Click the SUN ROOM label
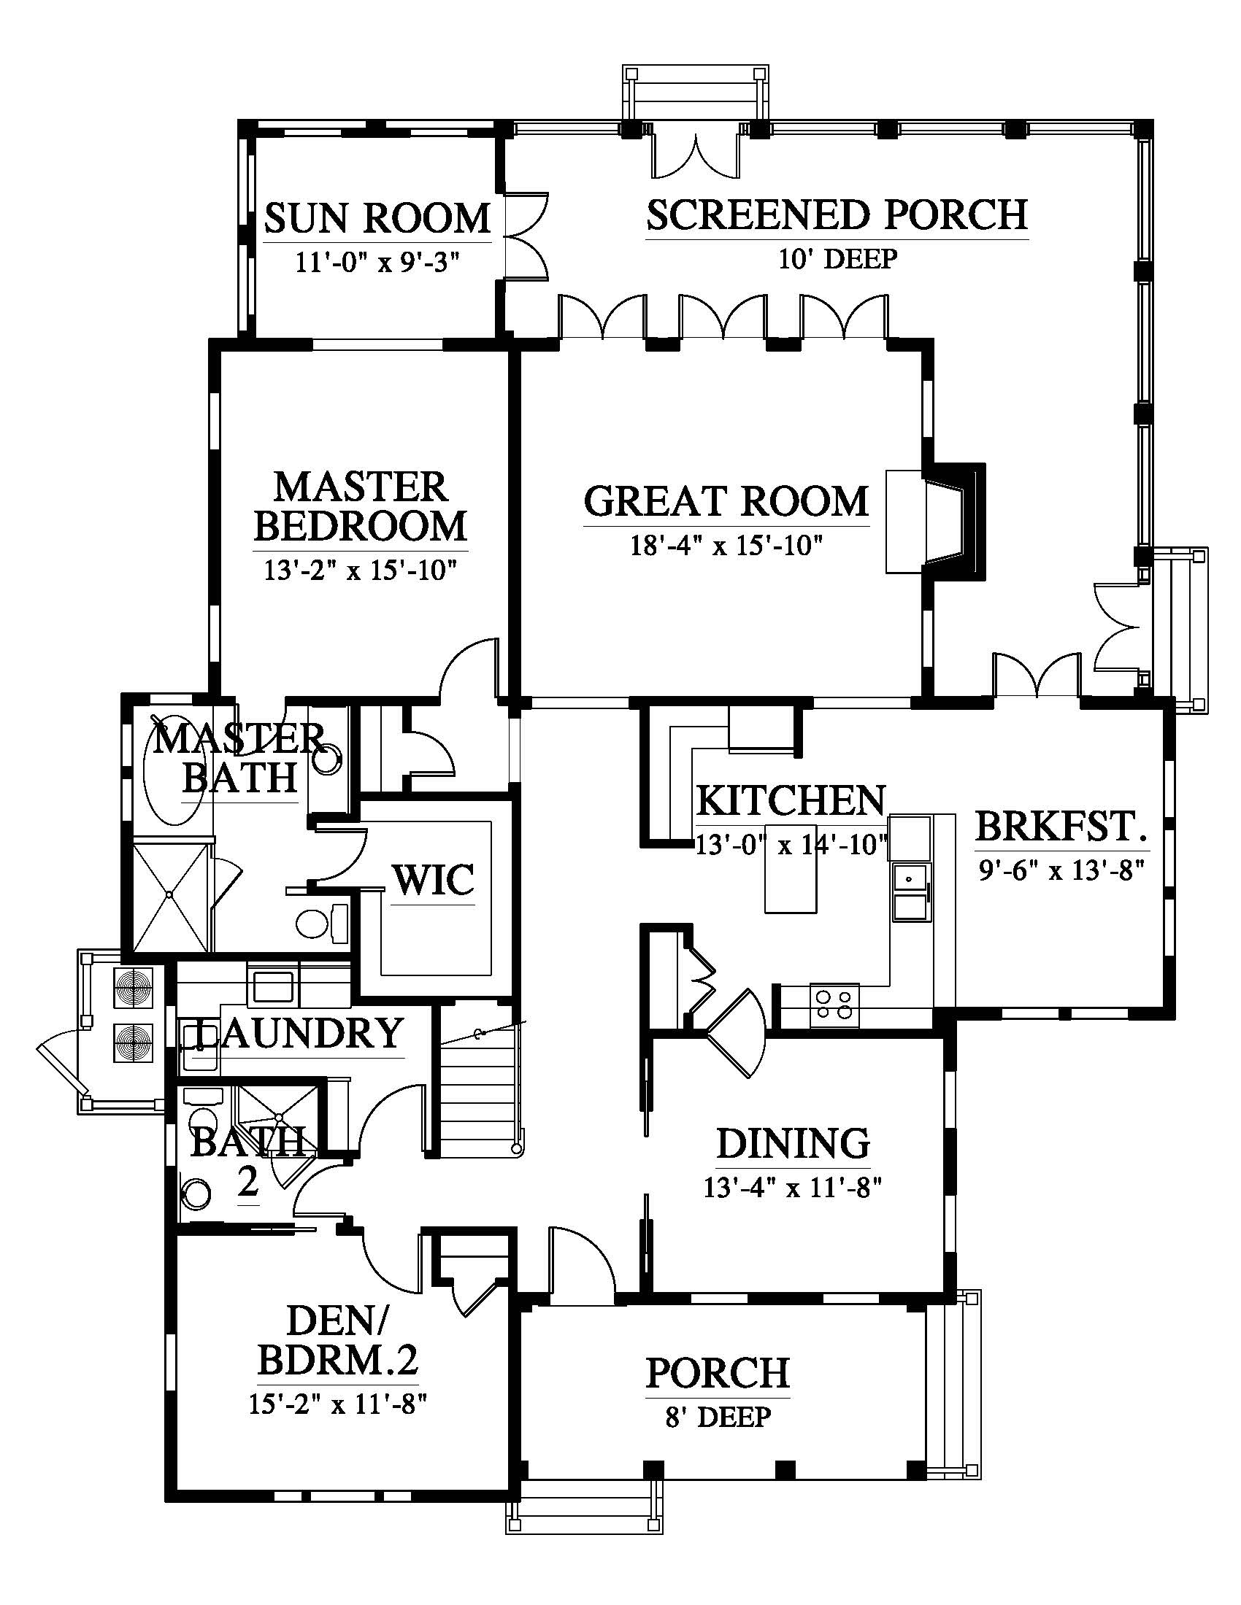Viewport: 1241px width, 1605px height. click(x=377, y=218)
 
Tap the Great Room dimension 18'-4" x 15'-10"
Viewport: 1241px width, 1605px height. click(x=726, y=545)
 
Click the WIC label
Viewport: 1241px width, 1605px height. click(x=432, y=881)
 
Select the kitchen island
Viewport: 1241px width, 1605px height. click(x=791, y=868)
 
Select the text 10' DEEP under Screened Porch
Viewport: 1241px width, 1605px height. click(x=838, y=259)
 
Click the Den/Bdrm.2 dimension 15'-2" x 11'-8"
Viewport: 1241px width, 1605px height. click(x=338, y=1404)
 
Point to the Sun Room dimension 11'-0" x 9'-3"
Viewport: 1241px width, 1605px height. click(x=377, y=263)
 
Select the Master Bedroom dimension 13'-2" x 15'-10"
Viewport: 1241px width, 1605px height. click(x=361, y=571)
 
